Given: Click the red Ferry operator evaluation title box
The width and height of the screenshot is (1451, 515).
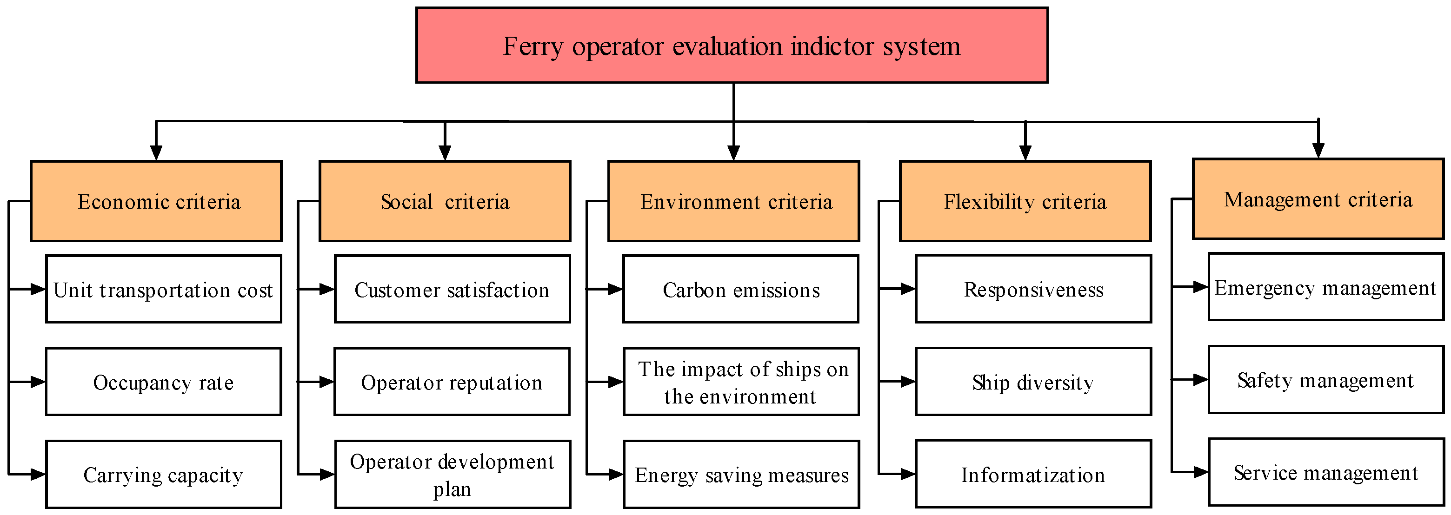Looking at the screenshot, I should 731,45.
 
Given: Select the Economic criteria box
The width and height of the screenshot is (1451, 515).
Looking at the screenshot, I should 156,201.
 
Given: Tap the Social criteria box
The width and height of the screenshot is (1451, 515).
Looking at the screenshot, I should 445,201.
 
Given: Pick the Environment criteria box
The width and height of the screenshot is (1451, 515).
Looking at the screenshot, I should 733,201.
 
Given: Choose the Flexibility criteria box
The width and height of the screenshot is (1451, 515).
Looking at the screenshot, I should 1025,201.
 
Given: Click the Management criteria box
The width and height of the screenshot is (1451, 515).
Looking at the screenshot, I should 1318,198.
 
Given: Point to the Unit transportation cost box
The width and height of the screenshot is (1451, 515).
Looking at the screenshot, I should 163,289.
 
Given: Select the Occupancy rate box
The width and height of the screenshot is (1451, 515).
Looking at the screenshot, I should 163,382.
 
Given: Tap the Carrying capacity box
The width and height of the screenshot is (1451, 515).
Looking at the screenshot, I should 163,475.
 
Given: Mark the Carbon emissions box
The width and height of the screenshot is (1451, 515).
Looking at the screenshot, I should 741,289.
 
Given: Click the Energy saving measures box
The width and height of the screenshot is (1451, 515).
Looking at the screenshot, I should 741,475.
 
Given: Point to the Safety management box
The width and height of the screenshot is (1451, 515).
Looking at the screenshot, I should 1325,380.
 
